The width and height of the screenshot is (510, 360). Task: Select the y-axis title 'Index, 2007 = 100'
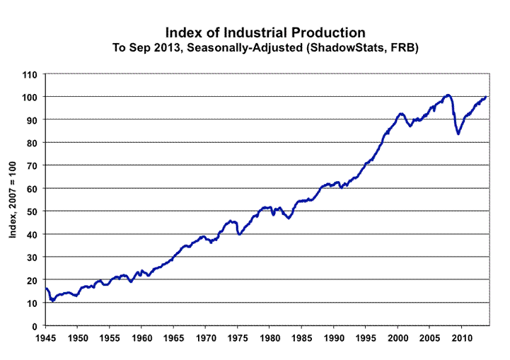13,200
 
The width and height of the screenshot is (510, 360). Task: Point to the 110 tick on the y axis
29,74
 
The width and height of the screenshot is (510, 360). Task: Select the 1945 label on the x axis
46,339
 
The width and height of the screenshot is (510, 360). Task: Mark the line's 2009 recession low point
458,133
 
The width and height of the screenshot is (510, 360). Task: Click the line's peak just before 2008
448,95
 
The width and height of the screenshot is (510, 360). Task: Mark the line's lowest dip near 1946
52,301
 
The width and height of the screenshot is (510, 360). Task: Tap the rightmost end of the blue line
486,97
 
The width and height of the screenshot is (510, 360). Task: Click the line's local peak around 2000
400,113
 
